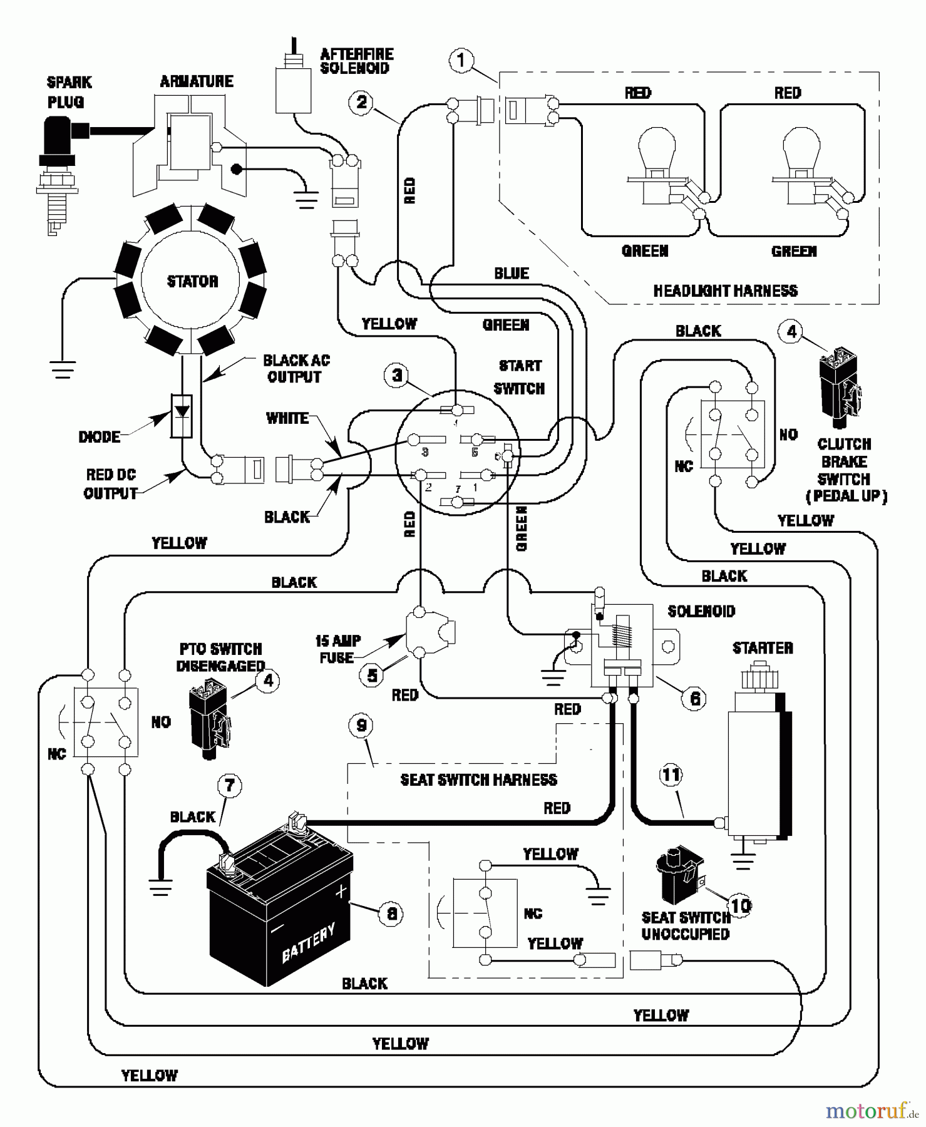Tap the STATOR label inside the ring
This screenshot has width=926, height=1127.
pyautogui.click(x=192, y=281)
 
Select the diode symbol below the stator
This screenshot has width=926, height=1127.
pyautogui.click(x=182, y=416)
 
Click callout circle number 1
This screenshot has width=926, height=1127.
pyautogui.click(x=461, y=61)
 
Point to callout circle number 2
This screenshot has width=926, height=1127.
pyautogui.click(x=361, y=102)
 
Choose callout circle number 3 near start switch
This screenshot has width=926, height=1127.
pyautogui.click(x=397, y=376)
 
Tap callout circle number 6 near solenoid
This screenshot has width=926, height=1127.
pyautogui.click(x=694, y=699)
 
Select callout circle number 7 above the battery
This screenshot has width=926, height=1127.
pyautogui.click(x=229, y=785)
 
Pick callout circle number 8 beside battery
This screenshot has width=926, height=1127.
pyautogui.click(x=391, y=913)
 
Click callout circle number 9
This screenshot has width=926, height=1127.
pyautogui.click(x=361, y=726)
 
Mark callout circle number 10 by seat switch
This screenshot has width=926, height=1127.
pyautogui.click(x=741, y=905)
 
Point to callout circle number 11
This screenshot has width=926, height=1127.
pyautogui.click(x=671, y=775)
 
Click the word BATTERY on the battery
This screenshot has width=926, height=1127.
pyautogui.click(x=308, y=942)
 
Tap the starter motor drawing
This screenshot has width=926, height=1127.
pyautogui.click(x=758, y=764)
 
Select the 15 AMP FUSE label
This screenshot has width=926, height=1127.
pyautogui.click(x=337, y=649)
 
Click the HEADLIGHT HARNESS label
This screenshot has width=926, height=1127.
pyautogui.click(x=725, y=291)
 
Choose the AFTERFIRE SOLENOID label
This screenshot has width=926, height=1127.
pyautogui.click(x=356, y=61)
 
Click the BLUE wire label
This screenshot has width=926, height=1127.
pyautogui.click(x=511, y=274)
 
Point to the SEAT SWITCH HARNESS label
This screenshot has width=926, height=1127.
pyautogui.click(x=478, y=780)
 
